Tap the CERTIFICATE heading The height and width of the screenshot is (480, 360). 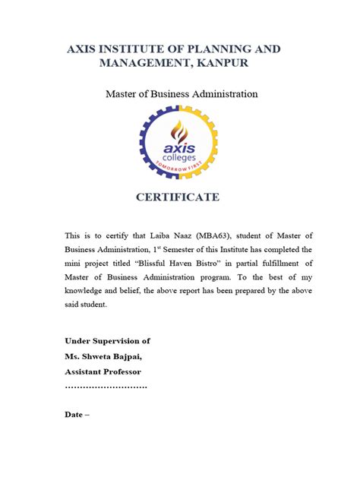(x=178, y=197)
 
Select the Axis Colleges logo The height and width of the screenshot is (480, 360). (x=178, y=141)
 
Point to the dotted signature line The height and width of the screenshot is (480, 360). (x=106, y=387)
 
